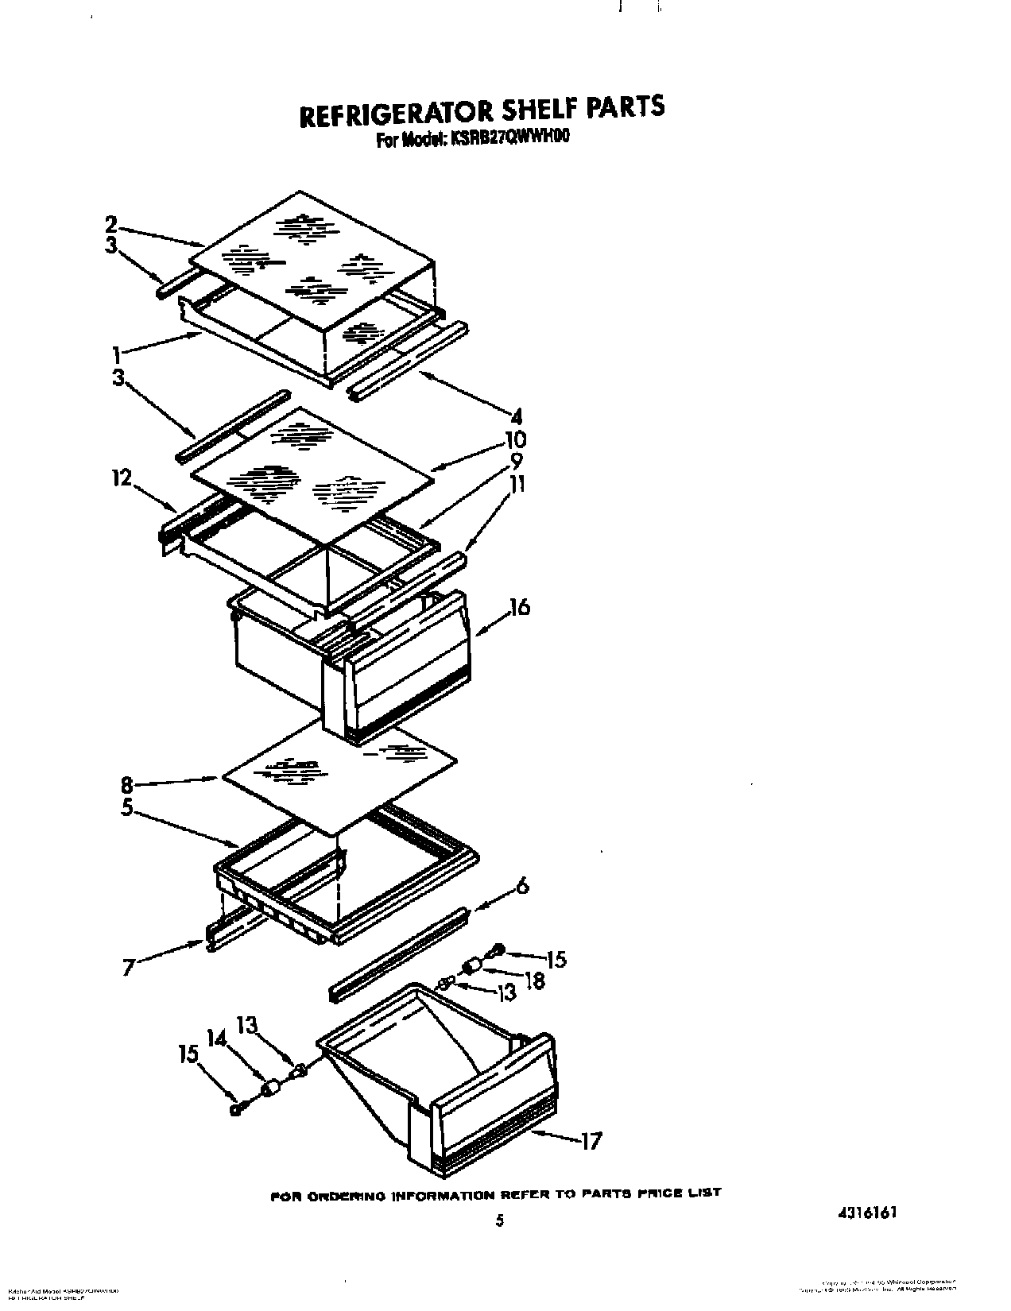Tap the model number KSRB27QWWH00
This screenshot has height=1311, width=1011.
point(509,137)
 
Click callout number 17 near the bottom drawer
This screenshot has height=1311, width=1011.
point(590,1141)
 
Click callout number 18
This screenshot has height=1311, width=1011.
point(535,980)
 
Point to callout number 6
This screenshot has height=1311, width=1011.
point(522,886)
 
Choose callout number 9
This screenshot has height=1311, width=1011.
point(517,460)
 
